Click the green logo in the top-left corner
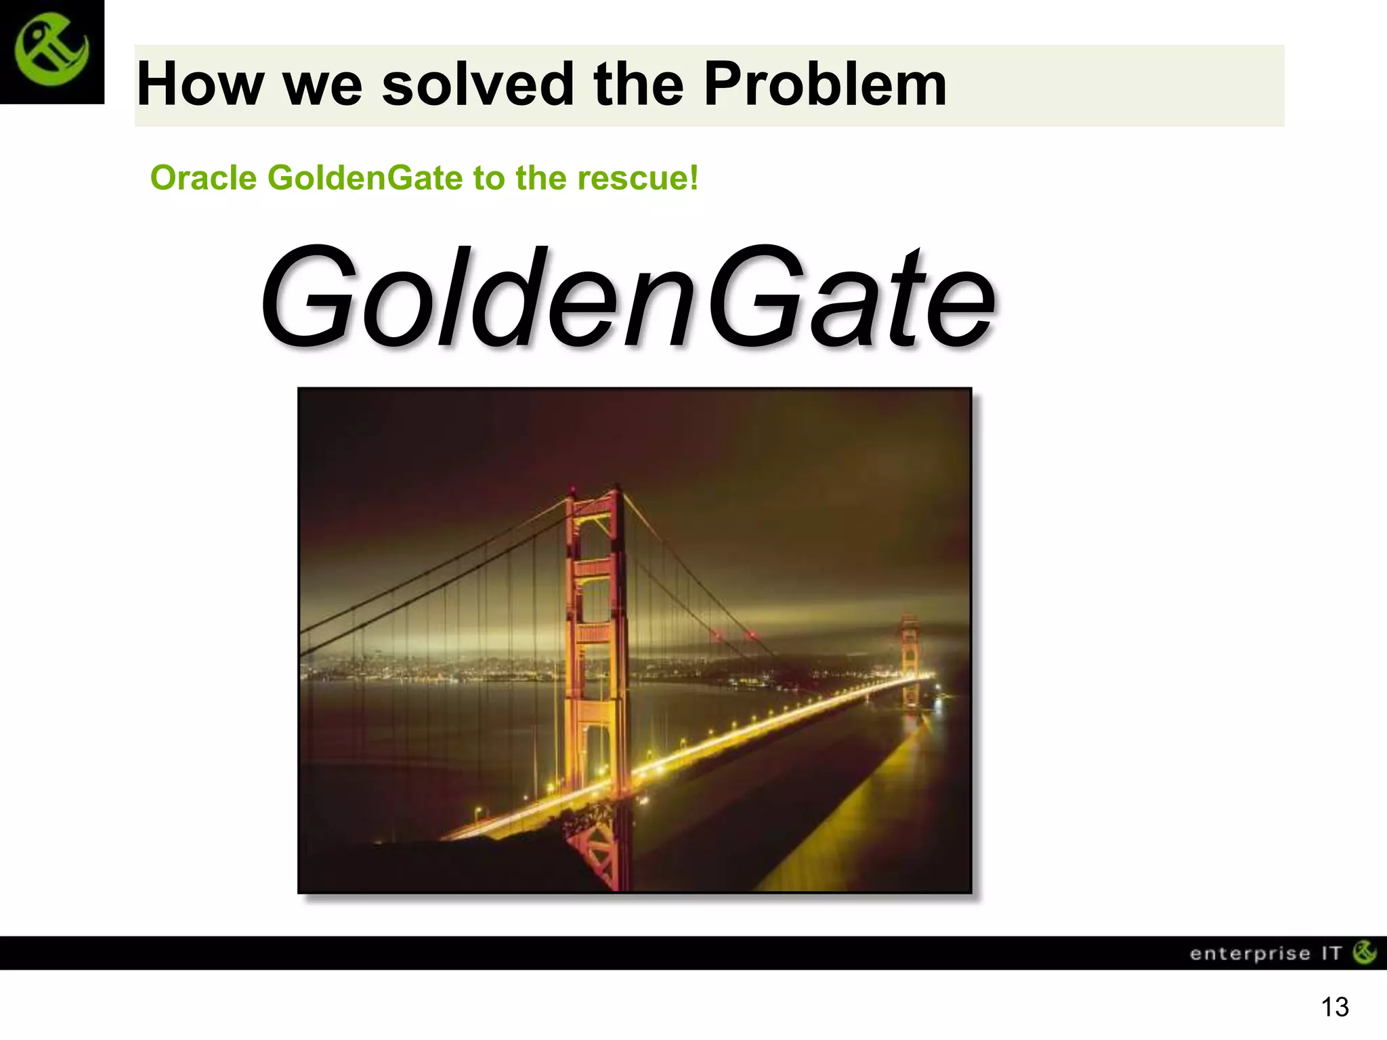point(51,52)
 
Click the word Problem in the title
point(824,85)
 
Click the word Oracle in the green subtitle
point(203,179)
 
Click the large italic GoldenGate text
point(626,298)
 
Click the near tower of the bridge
point(596,643)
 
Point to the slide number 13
point(1334,1007)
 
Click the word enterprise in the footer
point(1250,954)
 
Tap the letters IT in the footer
point(1331,954)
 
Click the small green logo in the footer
point(1364,953)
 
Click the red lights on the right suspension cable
point(731,635)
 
